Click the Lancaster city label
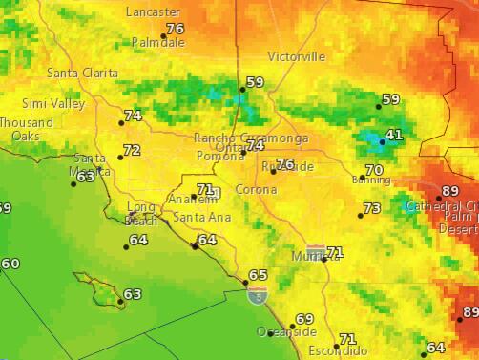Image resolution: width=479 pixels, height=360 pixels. coord(153,11)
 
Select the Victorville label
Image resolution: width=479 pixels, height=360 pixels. coord(296,56)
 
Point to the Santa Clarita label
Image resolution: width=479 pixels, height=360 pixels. coord(83,74)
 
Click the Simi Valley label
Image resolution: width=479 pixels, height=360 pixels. coord(53,103)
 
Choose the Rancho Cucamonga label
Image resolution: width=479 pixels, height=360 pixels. coord(251,138)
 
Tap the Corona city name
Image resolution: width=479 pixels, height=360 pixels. coord(256,189)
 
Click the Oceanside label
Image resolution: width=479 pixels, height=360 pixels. coord(286,331)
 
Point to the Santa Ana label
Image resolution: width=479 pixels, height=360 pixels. coord(201,218)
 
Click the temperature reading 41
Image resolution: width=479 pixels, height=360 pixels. coord(394,136)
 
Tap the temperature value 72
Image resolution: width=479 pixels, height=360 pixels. coord(132,151)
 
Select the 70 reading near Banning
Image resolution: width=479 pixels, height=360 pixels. coord(374,170)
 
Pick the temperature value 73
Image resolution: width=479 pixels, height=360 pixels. coord(372,208)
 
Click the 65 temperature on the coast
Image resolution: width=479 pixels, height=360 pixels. coord(258,275)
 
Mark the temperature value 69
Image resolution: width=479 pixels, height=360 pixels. coord(303,319)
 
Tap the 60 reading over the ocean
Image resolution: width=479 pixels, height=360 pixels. coord(10,264)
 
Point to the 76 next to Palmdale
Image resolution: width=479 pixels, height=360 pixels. coord(175,29)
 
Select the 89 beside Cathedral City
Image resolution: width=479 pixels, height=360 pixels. coord(450,191)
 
